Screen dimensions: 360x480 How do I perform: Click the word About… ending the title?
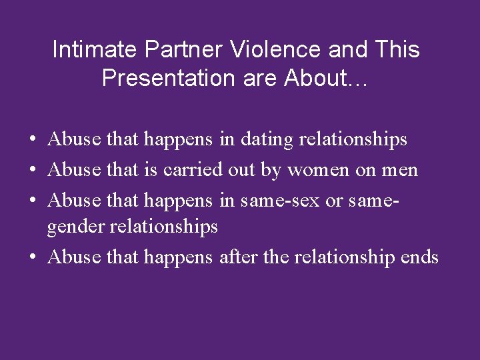[325, 79]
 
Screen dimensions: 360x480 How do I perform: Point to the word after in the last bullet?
[239, 257]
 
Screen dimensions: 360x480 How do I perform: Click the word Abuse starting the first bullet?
[75, 139]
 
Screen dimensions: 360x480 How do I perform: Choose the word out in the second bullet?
[241, 170]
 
